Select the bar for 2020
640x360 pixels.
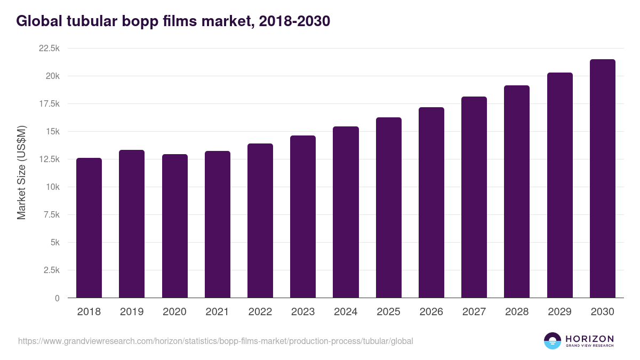175,226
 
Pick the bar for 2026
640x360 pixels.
431,203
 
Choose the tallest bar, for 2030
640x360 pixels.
603,179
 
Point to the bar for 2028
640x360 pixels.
517,191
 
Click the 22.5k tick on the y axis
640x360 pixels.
49,49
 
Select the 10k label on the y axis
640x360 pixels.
52,187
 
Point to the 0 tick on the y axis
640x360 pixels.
57,298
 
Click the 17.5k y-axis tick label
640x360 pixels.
49,104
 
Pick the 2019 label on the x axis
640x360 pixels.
132,312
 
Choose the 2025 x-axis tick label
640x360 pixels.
389,312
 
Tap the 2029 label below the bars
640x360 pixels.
560,312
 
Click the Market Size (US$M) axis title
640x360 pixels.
21,173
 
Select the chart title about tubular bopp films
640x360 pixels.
173,21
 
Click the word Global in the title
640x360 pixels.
39,21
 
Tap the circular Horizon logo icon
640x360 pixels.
553,341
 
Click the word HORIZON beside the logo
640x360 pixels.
589,338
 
